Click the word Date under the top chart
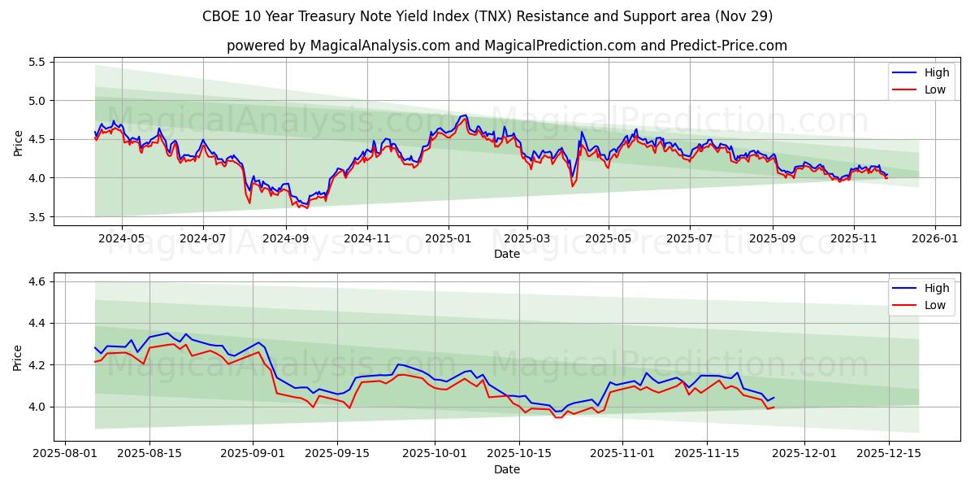[x=507, y=255]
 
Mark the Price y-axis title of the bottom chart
[x=18, y=357]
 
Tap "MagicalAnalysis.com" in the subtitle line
[x=380, y=46]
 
